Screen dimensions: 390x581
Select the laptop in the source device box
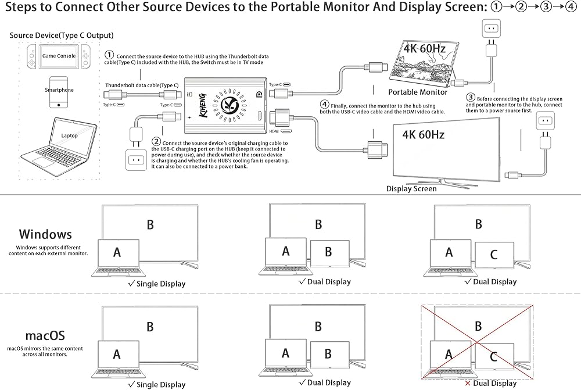[x=69, y=139]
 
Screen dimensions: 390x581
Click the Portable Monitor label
[x=417, y=92]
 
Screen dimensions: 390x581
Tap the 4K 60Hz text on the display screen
[x=423, y=135]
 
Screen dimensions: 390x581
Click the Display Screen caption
[x=411, y=188]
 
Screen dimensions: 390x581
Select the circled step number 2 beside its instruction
[x=156, y=142]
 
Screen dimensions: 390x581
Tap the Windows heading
[x=45, y=234]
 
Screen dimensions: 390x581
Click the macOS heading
[x=45, y=335]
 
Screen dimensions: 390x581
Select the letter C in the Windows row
[x=494, y=254]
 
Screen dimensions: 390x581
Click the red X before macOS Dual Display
[x=468, y=384]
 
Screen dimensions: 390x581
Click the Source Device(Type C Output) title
[x=62, y=35]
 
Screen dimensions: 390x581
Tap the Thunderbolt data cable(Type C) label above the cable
[x=142, y=85]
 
